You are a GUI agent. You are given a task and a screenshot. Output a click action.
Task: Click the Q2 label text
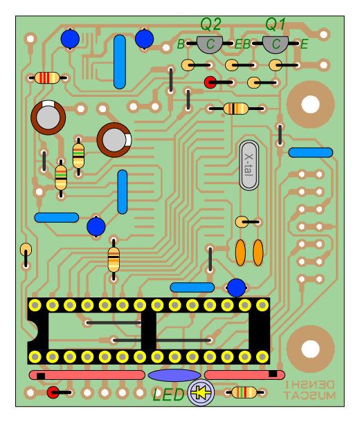pyautogui.click(x=210, y=24)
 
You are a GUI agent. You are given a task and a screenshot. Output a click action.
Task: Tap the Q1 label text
pyautogui.click(x=275, y=24)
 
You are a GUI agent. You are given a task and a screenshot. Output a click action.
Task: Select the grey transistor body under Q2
pyautogui.click(x=210, y=44)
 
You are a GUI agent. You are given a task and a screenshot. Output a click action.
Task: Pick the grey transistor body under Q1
pyautogui.click(x=275, y=44)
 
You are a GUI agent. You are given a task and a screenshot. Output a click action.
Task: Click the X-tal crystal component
pyautogui.click(x=249, y=165)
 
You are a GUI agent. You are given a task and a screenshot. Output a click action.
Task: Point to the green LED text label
pyautogui.click(x=168, y=395)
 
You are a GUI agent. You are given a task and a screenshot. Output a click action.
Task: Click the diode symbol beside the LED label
pyautogui.click(x=201, y=392)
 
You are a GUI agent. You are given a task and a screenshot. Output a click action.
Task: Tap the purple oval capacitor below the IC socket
pyautogui.click(x=174, y=375)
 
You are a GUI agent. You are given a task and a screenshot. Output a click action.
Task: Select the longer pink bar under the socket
pyautogui.click(x=87, y=375)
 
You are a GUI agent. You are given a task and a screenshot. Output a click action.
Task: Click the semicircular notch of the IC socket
pyautogui.click(x=33, y=331)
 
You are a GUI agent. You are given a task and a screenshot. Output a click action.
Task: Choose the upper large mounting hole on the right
pyautogui.click(x=310, y=104)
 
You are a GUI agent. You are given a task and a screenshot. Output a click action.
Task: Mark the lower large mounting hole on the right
pyautogui.click(x=310, y=349)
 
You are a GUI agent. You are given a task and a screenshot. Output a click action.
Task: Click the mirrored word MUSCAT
pyautogui.click(x=309, y=396)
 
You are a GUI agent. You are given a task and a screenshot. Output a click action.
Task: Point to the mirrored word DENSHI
pyautogui.click(x=309, y=385)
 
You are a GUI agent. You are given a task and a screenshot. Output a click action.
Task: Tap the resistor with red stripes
pyautogui.click(x=47, y=77)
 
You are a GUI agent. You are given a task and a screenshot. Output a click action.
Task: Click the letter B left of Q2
pyautogui.click(x=181, y=44)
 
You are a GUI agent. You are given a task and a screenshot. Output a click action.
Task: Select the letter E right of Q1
pyautogui.click(x=304, y=44)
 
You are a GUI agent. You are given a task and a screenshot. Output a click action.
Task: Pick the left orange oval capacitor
pyautogui.click(x=240, y=253)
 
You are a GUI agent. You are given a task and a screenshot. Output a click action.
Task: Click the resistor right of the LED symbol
pyautogui.click(x=244, y=392)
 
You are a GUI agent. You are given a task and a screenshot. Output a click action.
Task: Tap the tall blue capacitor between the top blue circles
pyautogui.click(x=120, y=62)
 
